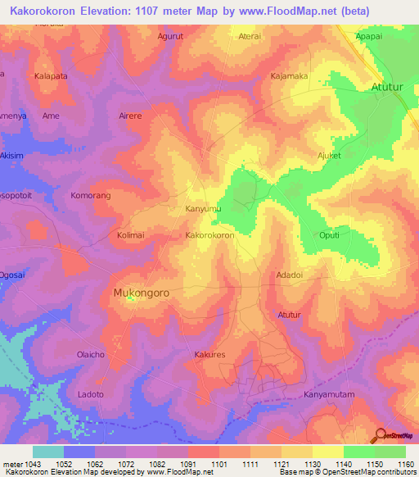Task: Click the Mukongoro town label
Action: [x=142, y=291]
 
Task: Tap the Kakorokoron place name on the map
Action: [x=210, y=235]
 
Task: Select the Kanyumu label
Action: [x=203, y=209]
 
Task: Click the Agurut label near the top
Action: [x=170, y=37]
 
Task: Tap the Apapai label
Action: [x=368, y=37]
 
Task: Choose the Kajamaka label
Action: [x=289, y=76]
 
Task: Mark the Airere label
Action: [x=131, y=116]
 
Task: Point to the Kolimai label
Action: [x=130, y=235]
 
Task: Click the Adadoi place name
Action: [x=290, y=275]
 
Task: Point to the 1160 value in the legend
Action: [x=407, y=464]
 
